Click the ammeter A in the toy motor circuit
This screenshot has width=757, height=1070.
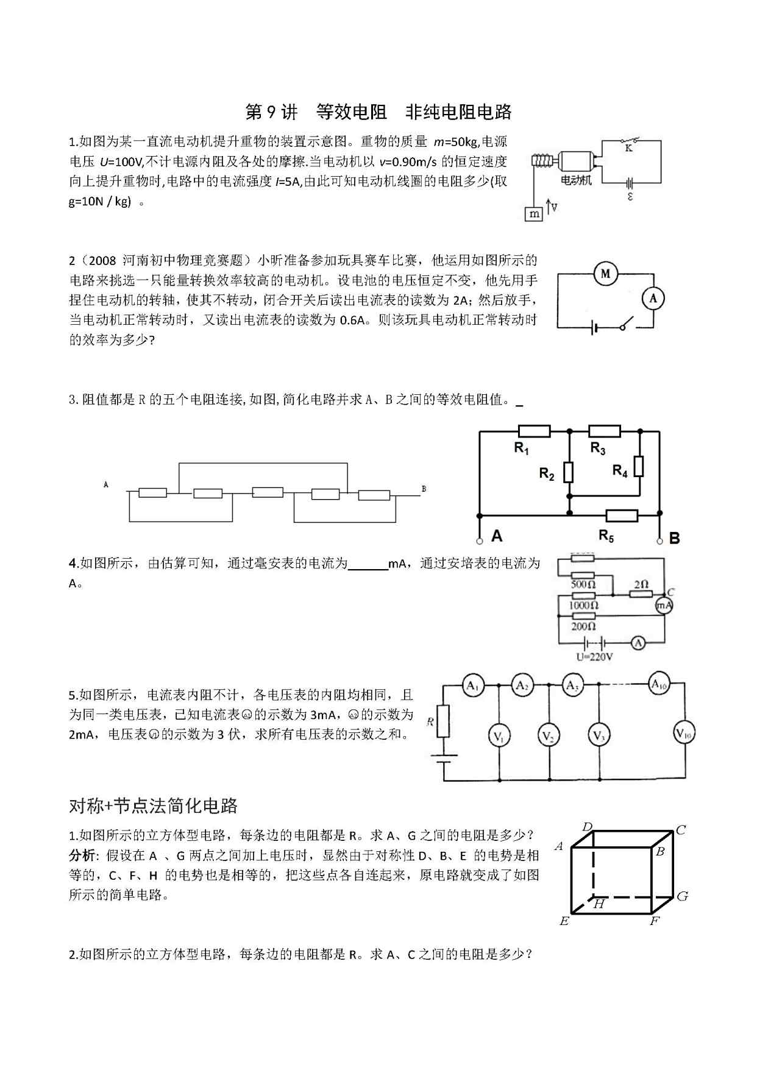(653, 299)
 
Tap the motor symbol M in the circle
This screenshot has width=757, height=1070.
(605, 274)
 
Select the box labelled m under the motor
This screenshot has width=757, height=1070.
(534, 214)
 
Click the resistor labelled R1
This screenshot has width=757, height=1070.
(534, 431)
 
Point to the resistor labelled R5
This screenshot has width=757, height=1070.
(622, 516)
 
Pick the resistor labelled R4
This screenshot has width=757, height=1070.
(639, 466)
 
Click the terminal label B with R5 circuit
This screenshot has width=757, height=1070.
(674, 539)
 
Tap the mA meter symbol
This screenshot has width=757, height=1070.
(664, 605)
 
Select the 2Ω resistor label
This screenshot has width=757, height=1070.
(641, 584)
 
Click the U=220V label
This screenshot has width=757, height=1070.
(594, 657)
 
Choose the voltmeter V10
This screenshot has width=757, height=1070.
(684, 734)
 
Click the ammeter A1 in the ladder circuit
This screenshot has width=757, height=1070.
(473, 686)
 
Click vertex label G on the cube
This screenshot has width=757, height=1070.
(682, 896)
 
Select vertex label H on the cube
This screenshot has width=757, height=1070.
(599, 904)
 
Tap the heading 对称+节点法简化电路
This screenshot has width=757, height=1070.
(153, 806)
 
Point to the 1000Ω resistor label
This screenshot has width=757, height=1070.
(583, 605)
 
